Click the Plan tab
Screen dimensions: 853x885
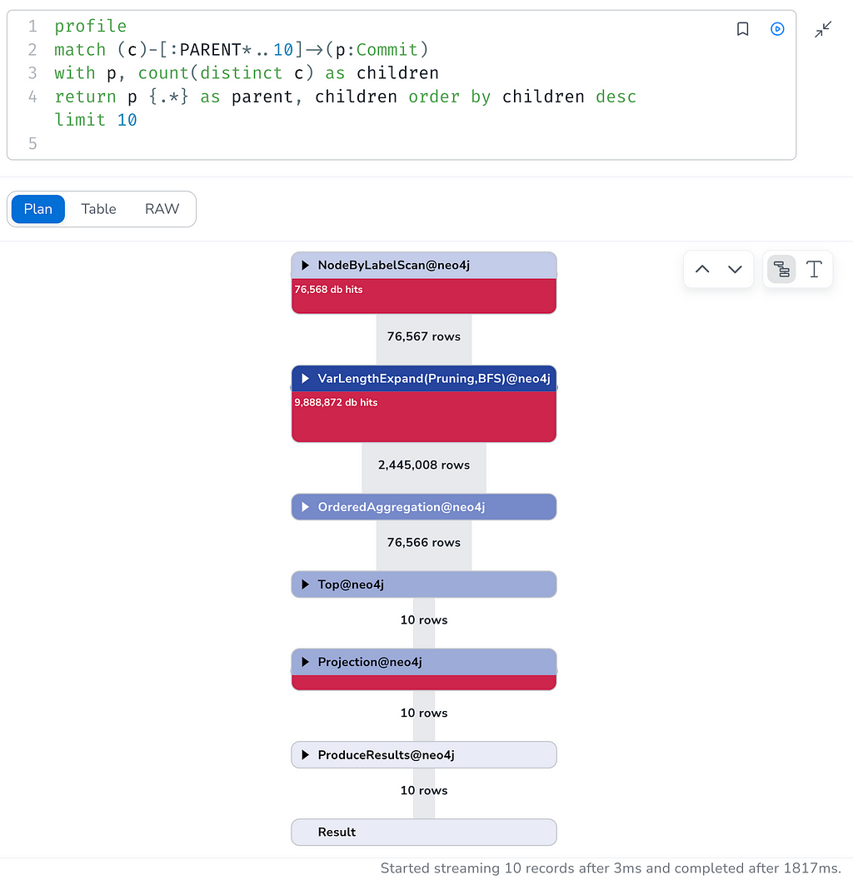tap(37, 209)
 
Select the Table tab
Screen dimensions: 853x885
tap(98, 209)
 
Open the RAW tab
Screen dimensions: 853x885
tap(162, 209)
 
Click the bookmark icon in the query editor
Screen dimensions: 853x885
tap(743, 29)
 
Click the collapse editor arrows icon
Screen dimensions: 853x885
tap(823, 29)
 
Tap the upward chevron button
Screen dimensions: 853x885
tap(702, 269)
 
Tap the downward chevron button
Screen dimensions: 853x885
tap(735, 269)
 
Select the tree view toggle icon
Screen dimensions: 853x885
tap(781, 269)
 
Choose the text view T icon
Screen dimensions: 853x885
tap(814, 269)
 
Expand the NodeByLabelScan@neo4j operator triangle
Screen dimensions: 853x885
tap(306, 266)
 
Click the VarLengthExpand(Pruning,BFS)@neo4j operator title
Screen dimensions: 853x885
tap(434, 378)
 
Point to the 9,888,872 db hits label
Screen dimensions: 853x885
tap(336, 402)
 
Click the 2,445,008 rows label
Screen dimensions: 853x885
tap(424, 465)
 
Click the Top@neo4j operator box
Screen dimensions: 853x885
tap(424, 584)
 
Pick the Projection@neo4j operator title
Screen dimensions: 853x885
tap(370, 662)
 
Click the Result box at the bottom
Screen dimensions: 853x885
tap(424, 832)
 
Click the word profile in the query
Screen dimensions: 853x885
tap(91, 27)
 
